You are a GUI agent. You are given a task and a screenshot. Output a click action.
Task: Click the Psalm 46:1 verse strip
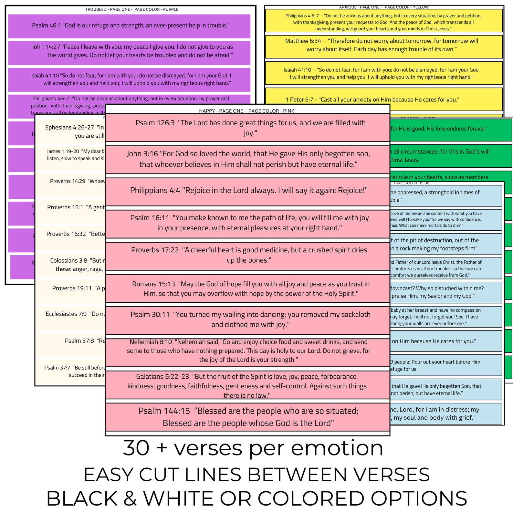[x=129, y=26]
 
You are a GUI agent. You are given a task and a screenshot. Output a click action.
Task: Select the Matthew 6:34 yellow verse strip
[x=384, y=46]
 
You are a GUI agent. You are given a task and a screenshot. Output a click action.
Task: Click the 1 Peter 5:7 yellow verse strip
[x=384, y=99]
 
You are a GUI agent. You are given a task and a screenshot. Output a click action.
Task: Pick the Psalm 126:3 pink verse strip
[x=247, y=128]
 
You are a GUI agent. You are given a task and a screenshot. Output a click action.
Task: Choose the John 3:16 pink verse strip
[x=247, y=159]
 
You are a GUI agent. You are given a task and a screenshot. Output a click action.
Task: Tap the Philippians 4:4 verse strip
[x=247, y=191]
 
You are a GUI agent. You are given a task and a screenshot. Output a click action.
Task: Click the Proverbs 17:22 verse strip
[x=247, y=255]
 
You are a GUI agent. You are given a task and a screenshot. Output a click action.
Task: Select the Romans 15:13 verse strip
[x=247, y=289]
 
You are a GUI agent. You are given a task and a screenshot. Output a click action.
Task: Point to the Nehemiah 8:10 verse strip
[x=247, y=351]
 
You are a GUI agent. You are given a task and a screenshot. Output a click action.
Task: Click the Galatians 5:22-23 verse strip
[x=247, y=386]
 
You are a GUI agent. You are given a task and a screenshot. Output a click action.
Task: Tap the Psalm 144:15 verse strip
[x=247, y=417]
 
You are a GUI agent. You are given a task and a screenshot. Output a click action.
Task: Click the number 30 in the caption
[x=136, y=448]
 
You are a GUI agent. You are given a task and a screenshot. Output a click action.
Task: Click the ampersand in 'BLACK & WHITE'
[x=130, y=498]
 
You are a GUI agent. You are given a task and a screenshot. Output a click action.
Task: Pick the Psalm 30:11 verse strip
[x=247, y=320]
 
